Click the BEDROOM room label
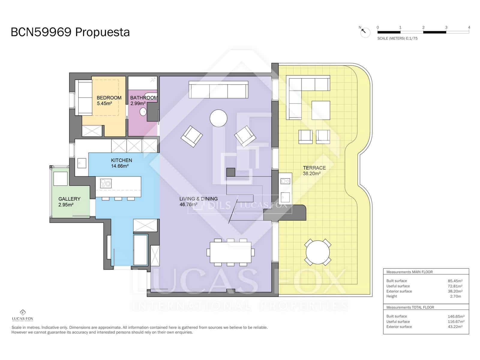[x=109, y=98]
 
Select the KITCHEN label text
[x=121, y=160]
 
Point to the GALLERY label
[x=69, y=199]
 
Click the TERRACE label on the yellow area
[x=314, y=168]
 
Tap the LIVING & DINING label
[x=198, y=199]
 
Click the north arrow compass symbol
[x=365, y=32]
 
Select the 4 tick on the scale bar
[x=469, y=27]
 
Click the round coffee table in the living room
[x=218, y=118]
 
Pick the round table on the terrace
[x=318, y=252]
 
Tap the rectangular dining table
[x=230, y=252]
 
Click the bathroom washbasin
[x=143, y=112]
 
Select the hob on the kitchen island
[x=106, y=183]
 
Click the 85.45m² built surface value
[x=455, y=281]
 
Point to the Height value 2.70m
[x=455, y=296]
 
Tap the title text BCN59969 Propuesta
[x=70, y=32]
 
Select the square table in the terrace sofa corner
[x=320, y=110]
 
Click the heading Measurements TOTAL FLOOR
[x=410, y=307]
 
